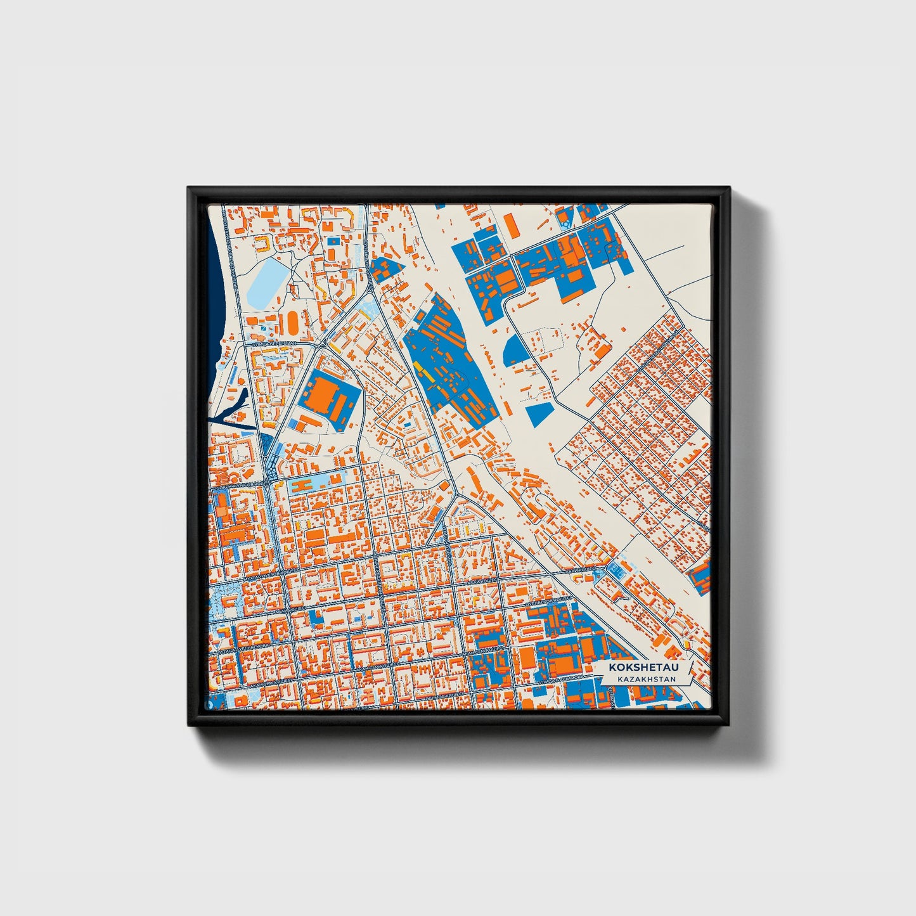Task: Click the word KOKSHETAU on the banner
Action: (638, 668)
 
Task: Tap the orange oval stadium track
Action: (294, 323)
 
